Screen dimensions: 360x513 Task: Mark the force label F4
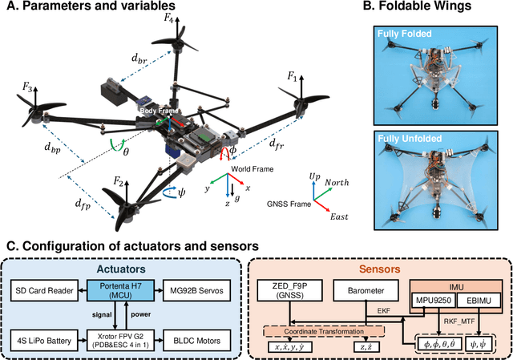coord(169,19)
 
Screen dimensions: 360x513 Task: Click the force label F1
coord(293,75)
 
